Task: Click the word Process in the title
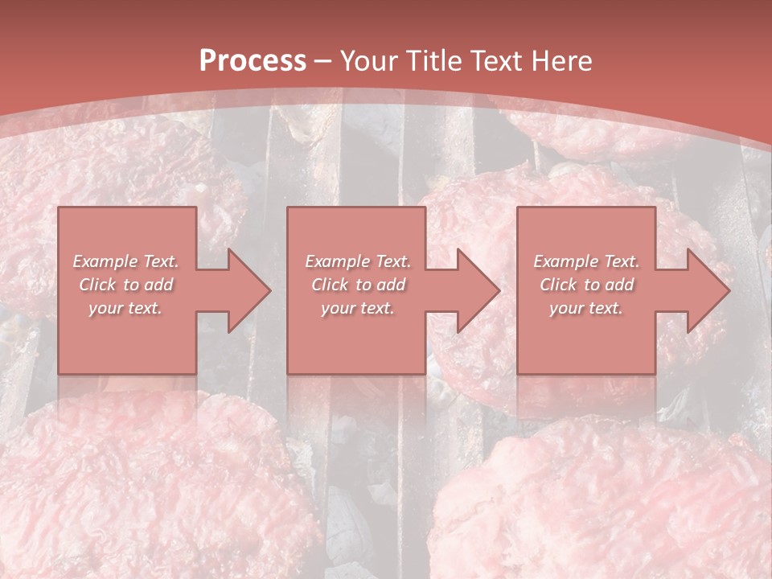pos(253,61)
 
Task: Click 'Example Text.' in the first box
pos(126,261)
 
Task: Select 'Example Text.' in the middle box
pos(358,261)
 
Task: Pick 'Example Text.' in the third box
pos(586,261)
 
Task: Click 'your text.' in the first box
pos(125,308)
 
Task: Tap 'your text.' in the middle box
pos(357,308)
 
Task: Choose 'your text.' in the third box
pos(585,308)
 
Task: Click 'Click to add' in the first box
pos(126,285)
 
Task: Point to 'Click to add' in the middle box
pos(358,285)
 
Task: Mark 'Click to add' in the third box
pos(586,285)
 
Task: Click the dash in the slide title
pos(324,61)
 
